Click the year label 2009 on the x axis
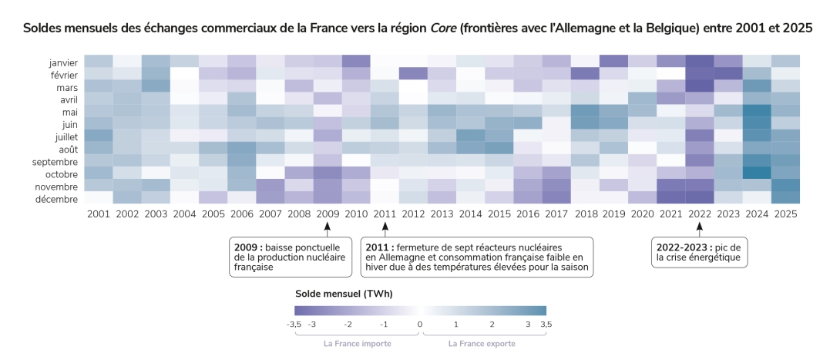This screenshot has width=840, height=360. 327,213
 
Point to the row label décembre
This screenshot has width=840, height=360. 62,199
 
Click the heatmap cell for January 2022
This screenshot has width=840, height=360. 700,61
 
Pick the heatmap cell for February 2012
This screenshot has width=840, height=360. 413,73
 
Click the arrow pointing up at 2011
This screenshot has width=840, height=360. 385,227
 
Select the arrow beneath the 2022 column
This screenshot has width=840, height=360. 700,227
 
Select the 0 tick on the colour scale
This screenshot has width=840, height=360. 420,325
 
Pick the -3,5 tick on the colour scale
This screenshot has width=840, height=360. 294,325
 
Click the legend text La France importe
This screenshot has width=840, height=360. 357,344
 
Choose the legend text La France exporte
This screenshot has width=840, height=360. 482,344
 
